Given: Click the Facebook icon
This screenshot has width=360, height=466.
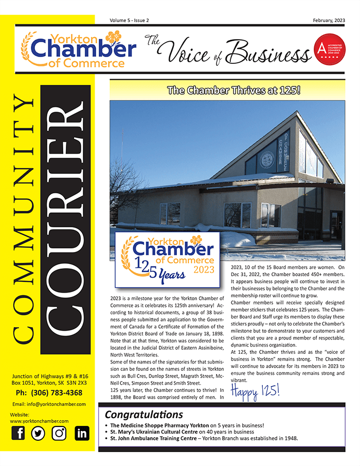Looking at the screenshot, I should pyautogui.click(x=18, y=434).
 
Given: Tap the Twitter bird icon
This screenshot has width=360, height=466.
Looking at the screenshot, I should pyautogui.click(x=38, y=434).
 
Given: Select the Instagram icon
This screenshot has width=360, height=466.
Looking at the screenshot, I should pyautogui.click(x=60, y=434).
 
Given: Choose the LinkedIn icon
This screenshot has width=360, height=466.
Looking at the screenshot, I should pyautogui.click(x=82, y=434).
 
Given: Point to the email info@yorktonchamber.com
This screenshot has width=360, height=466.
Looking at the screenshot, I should pyautogui.click(x=49, y=404).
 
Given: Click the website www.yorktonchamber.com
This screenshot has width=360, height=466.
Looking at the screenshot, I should pyautogui.click(x=39, y=421).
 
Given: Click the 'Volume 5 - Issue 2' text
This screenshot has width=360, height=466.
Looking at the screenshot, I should pyautogui.click(x=129, y=20).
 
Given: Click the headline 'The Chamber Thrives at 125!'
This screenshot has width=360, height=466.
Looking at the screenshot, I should pyautogui.click(x=227, y=92).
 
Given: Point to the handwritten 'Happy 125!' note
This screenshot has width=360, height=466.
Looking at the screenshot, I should pyautogui.click(x=255, y=390).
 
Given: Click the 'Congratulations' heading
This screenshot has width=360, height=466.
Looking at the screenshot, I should pyautogui.click(x=144, y=415).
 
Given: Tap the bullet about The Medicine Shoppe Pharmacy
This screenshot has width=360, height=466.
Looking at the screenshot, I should pyautogui.click(x=187, y=425).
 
